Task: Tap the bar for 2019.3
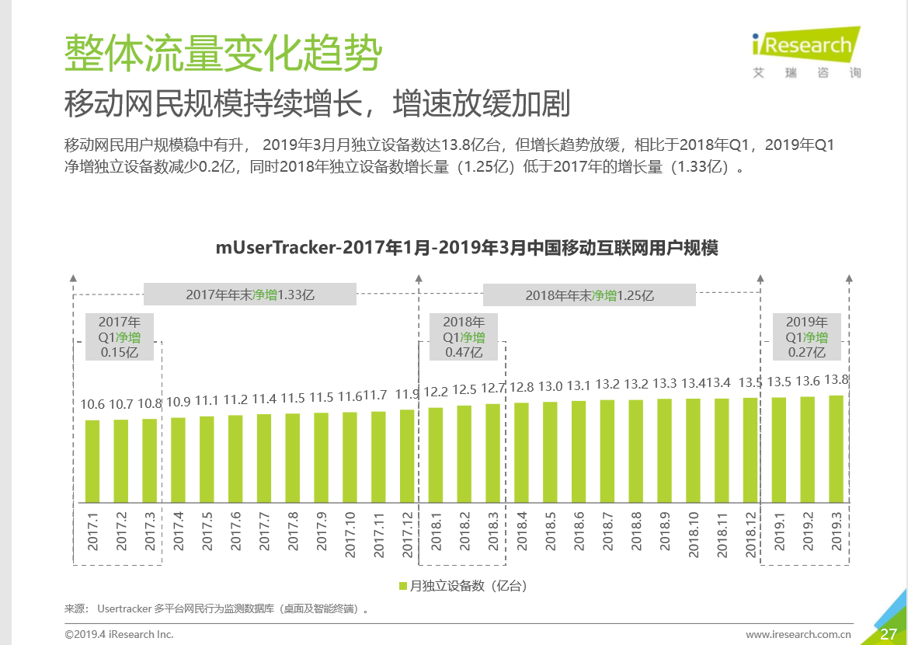click(837, 448)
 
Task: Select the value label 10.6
click(92, 404)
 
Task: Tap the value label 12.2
click(436, 391)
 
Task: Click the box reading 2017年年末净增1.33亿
click(249, 295)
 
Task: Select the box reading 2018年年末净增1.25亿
click(589, 295)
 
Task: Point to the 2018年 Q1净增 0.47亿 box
click(464, 336)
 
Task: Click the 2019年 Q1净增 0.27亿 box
click(806, 336)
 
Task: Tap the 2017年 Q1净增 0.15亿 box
click(120, 336)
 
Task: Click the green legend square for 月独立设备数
click(402, 586)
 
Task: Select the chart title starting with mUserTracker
click(466, 248)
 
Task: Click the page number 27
click(889, 634)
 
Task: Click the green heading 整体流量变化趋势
click(223, 53)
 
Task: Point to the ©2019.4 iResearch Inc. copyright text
click(119, 634)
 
